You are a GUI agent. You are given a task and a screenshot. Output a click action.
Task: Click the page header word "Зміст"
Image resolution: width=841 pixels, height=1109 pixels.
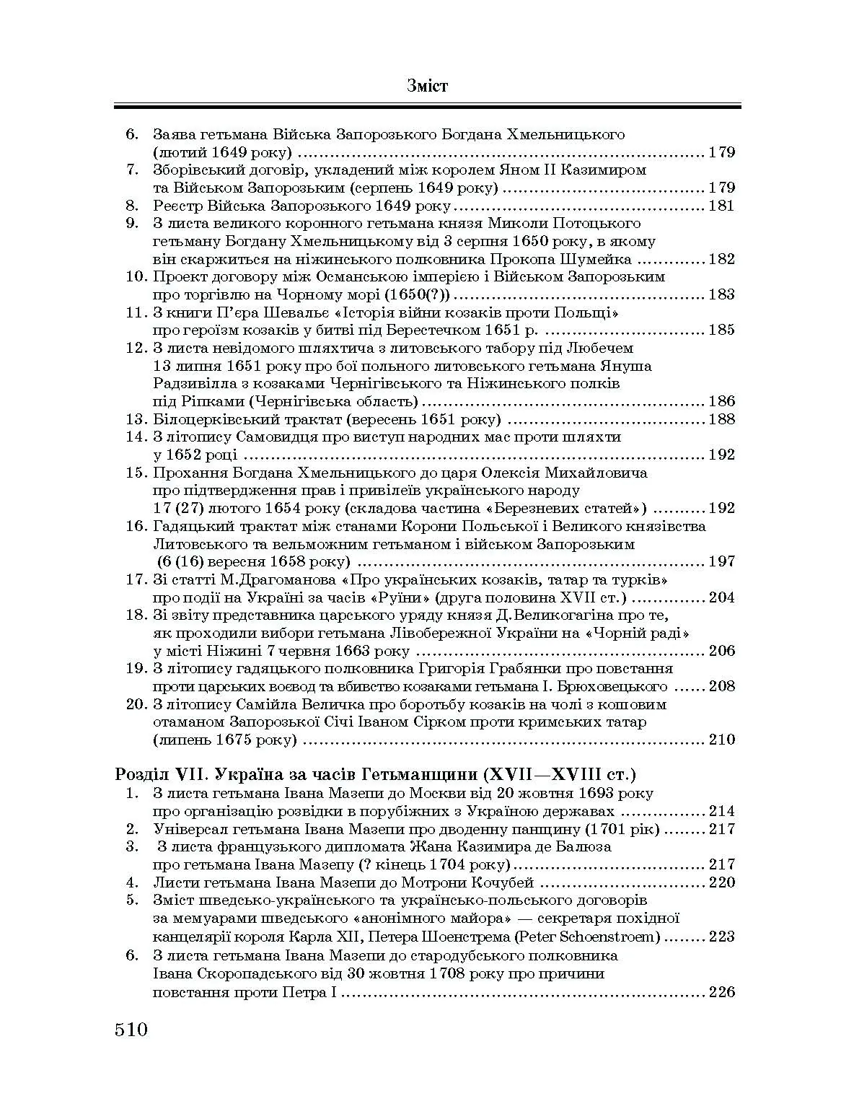[427, 87]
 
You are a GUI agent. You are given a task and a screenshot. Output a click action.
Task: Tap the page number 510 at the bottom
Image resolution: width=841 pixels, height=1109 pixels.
[131, 1028]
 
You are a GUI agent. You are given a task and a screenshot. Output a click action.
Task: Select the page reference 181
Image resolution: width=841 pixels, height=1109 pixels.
[721, 206]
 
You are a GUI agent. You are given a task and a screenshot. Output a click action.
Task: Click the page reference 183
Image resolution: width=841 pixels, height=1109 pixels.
[721, 294]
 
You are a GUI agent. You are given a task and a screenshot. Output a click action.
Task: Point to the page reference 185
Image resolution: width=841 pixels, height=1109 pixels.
[721, 330]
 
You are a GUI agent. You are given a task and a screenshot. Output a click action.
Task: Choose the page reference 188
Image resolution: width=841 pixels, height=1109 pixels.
[721, 419]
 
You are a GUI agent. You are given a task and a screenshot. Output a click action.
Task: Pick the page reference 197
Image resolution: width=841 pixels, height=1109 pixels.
[721, 561]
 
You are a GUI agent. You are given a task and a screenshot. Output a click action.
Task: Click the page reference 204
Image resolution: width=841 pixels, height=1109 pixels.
[721, 597]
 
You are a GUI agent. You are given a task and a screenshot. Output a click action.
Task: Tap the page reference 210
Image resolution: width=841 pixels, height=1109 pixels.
[721, 740]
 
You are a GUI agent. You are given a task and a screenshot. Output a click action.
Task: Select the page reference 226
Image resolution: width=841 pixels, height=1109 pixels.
[721, 992]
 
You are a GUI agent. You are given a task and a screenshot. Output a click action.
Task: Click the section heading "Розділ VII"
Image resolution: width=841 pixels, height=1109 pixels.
[151, 775]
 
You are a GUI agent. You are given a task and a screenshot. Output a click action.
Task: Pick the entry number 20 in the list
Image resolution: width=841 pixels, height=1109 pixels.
[136, 704]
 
